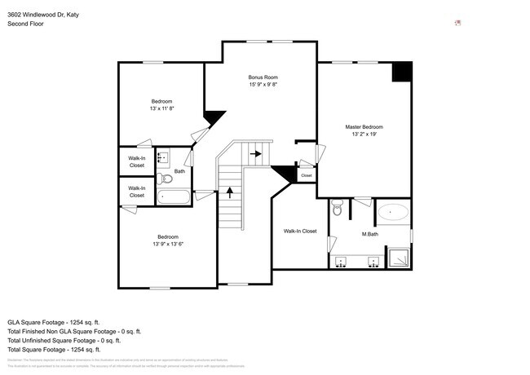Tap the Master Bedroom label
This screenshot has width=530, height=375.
pyautogui.click(x=364, y=127)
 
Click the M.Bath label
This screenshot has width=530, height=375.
pyautogui.click(x=369, y=235)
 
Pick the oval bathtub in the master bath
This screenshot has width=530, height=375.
pyautogui.click(x=395, y=212)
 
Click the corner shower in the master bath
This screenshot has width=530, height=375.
pyautogui.click(x=400, y=258)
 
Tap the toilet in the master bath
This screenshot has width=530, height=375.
pyautogui.click(x=338, y=210)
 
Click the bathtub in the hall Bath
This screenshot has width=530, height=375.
pyautogui.click(x=173, y=196)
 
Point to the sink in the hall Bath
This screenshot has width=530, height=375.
pyautogui.click(x=162, y=157)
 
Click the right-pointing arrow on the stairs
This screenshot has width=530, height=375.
pyautogui.click(x=256, y=152)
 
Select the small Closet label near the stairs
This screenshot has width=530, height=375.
pyautogui.click(x=307, y=175)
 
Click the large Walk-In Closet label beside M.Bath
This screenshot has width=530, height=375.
pyautogui.click(x=300, y=232)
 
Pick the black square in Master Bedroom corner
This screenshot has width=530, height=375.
pyautogui.click(x=402, y=71)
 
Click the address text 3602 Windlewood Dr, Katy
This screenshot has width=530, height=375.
pyautogui.click(x=44, y=14)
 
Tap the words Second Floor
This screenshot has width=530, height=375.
pyautogui.click(x=25, y=24)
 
